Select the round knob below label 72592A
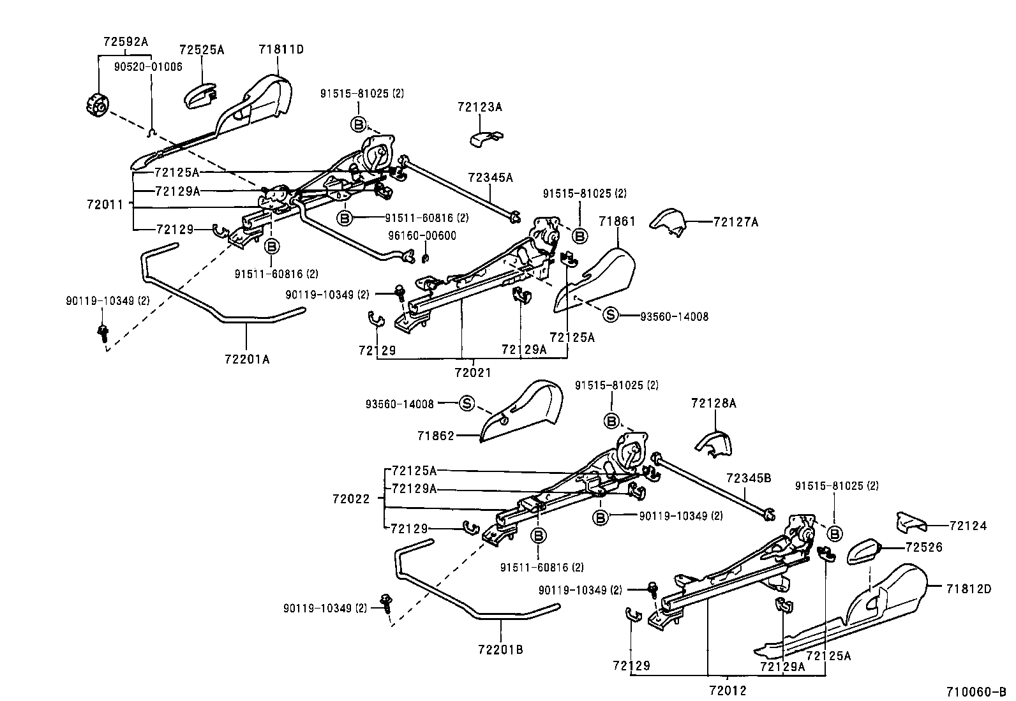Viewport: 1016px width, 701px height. coord(98,105)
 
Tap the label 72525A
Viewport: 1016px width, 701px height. coord(201,50)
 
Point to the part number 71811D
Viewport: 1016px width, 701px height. coord(281,49)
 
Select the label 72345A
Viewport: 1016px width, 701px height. coord(490,178)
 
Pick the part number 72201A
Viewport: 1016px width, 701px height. coord(247,360)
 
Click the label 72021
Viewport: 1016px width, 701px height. coord(473,372)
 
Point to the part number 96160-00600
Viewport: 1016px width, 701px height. coord(422,235)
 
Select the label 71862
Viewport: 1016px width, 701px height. coord(436,436)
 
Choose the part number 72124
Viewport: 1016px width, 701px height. coord(967,526)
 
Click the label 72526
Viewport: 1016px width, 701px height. coord(923,547)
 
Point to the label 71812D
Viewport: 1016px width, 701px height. coord(969,589)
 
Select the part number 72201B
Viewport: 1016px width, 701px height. coord(500,650)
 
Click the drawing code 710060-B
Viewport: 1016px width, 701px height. coord(976,691)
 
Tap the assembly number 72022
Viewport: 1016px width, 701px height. coord(350,499)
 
